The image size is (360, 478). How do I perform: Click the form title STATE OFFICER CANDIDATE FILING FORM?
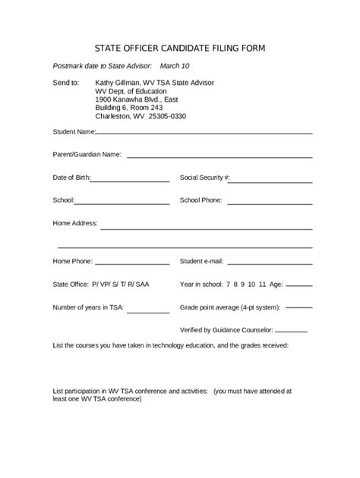[x=179, y=48]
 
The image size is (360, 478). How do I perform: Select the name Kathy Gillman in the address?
[x=119, y=81]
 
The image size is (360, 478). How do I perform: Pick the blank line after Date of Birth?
[x=130, y=181]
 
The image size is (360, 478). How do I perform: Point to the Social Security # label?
[x=204, y=178]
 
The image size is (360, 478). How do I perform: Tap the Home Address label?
[x=74, y=224]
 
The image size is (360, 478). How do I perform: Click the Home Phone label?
[x=71, y=262]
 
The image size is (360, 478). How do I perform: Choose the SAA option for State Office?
[x=144, y=285]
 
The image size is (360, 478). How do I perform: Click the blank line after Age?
[x=298, y=286]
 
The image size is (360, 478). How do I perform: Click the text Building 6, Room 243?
[x=129, y=108]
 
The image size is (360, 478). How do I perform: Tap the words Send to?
[x=65, y=81]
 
